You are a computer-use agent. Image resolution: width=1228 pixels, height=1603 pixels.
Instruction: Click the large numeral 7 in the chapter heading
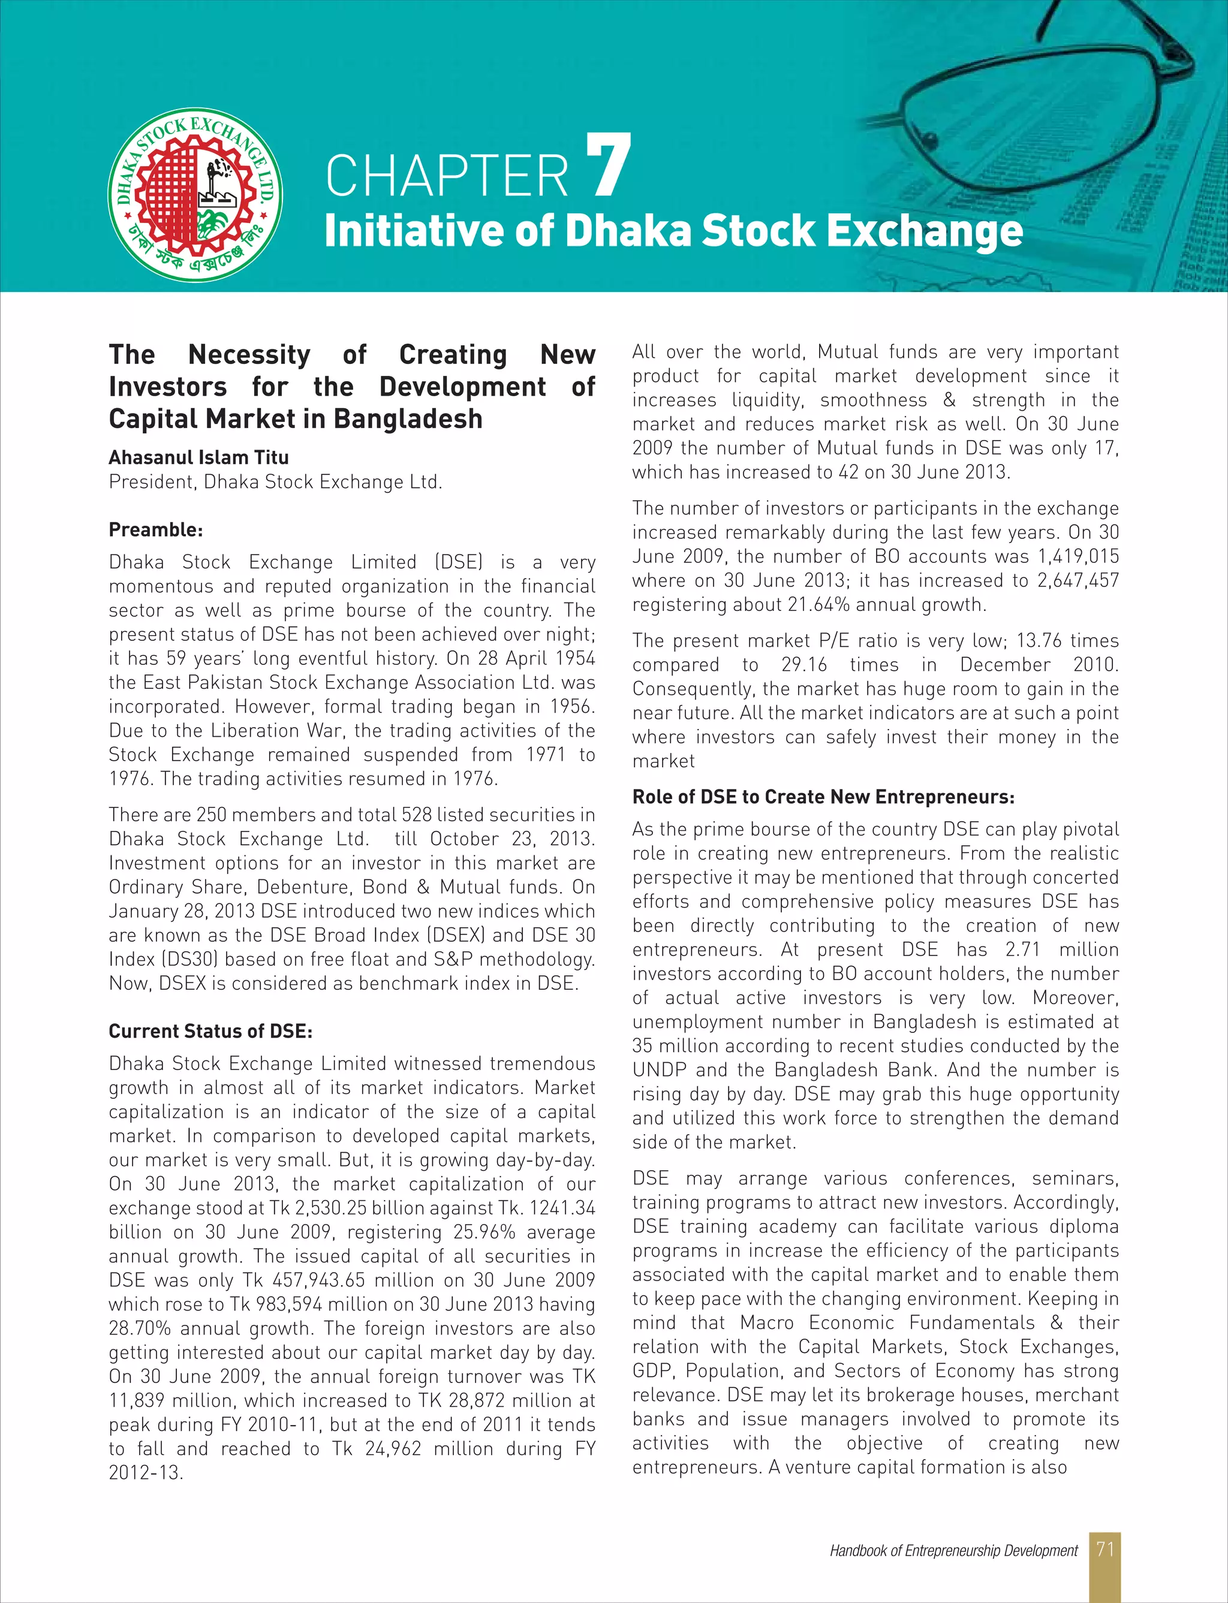tap(608, 166)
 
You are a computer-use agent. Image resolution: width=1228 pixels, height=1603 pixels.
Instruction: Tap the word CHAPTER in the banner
tap(447, 176)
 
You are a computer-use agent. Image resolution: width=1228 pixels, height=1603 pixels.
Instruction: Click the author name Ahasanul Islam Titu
tap(199, 457)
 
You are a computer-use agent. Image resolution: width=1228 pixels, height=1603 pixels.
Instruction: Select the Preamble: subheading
tap(156, 530)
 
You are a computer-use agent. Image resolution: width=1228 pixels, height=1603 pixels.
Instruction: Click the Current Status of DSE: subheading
tap(210, 1031)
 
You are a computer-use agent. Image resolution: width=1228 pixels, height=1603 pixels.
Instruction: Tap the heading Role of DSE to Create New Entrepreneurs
tap(823, 797)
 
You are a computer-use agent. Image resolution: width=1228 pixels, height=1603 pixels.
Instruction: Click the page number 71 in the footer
tap(1104, 1549)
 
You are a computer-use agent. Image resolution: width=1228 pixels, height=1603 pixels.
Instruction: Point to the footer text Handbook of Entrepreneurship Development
tap(953, 1550)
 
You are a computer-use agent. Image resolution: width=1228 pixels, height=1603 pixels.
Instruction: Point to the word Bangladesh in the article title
tap(408, 420)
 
